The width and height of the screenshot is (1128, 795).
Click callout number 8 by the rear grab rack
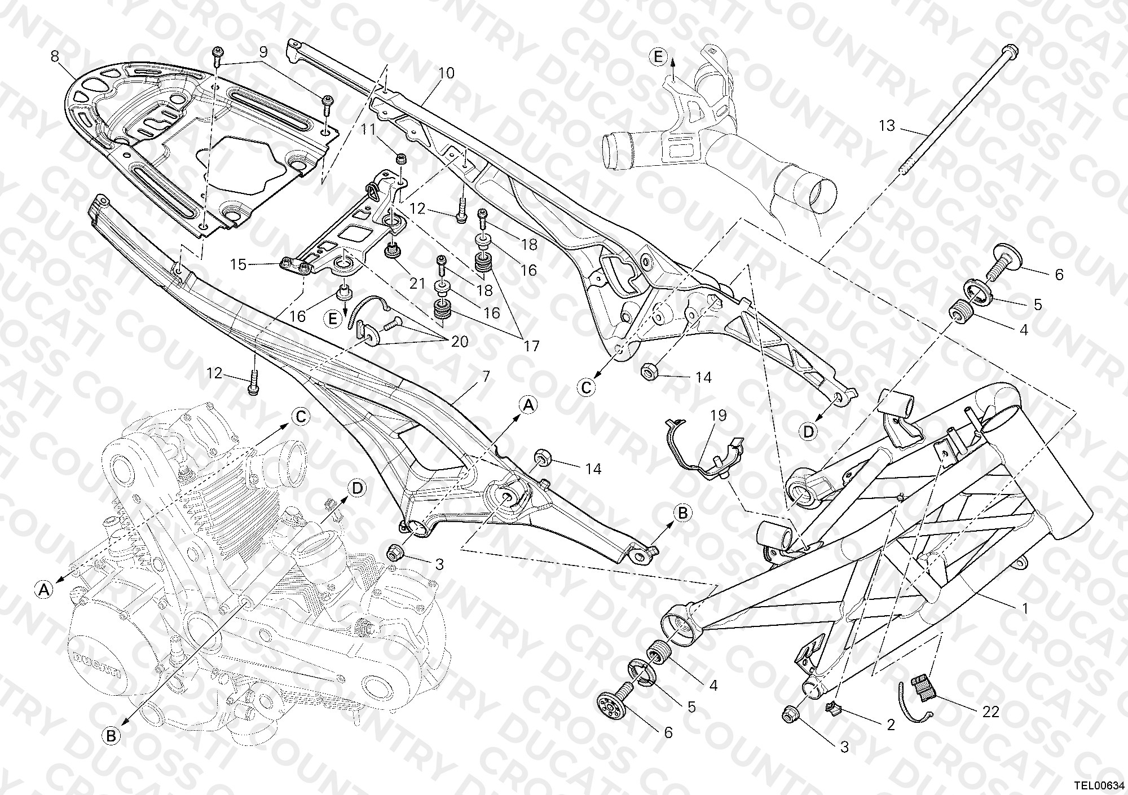[x=55, y=56]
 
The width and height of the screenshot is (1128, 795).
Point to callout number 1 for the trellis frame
[x=1025, y=609]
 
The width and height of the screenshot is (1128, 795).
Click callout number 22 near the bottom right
[x=990, y=712]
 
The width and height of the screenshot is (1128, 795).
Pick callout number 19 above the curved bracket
[x=719, y=416]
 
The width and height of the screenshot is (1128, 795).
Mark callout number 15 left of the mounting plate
[x=238, y=264]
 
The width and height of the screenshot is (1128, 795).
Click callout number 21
[x=417, y=283]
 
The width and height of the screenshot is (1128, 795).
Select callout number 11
[x=368, y=129]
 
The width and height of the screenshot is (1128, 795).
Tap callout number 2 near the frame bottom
[x=891, y=725]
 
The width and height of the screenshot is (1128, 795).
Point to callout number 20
[x=460, y=342]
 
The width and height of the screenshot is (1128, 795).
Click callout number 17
[x=532, y=345]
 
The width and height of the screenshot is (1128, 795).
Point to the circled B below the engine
[x=111, y=736]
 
